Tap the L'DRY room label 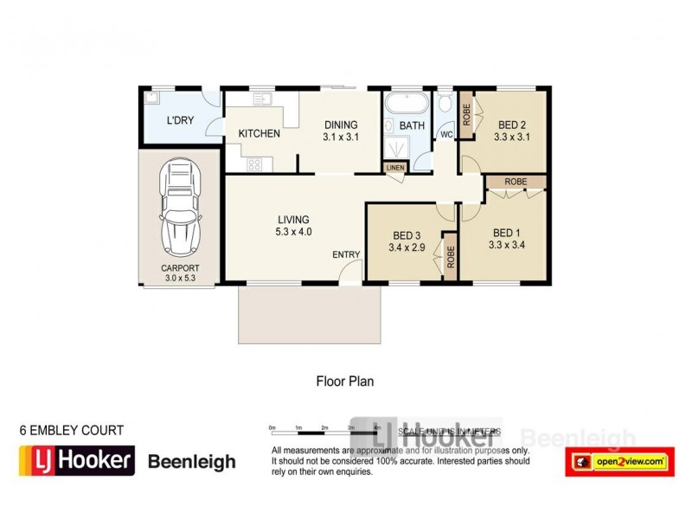pos(180,120)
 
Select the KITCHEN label pos(259,134)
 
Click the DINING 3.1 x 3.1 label pos(340,131)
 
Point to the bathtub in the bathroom pos(406,106)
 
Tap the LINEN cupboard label pos(394,167)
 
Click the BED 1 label pos(508,238)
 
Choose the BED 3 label pos(407,241)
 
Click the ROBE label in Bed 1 pos(516,182)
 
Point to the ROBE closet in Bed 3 pos(450,255)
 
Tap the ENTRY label pos(346,254)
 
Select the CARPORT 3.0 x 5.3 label pos(180,273)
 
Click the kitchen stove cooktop pos(254,163)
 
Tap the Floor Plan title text pos(343,380)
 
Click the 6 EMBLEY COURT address pos(72,430)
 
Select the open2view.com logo pos(619,462)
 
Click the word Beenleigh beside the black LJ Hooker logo pos(191,462)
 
